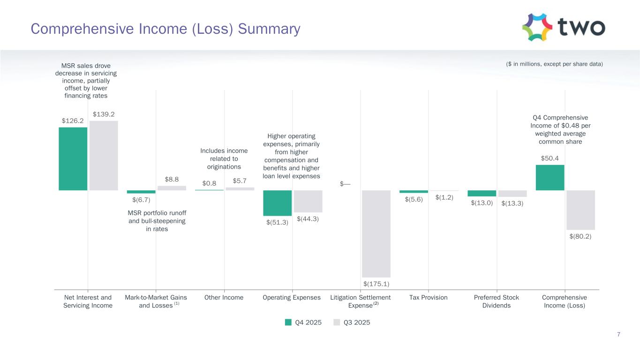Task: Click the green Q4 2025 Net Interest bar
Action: coord(73,158)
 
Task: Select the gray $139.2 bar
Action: coord(104,155)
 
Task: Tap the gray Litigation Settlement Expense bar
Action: coord(376,233)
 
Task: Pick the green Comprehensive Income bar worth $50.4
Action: coord(550,177)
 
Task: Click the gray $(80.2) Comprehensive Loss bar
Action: coord(580,210)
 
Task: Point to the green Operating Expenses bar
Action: coord(277,202)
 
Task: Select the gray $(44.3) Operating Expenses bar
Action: coord(308,201)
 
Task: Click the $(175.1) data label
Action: coord(376,284)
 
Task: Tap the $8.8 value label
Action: coord(172,179)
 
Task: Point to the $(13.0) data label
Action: coord(482,203)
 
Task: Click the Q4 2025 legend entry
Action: coord(303,322)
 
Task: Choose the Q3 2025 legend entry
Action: coord(352,322)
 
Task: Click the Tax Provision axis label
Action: coord(428,298)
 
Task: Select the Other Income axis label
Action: coord(224,298)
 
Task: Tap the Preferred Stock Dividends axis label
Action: coord(497,301)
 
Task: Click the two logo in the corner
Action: coord(563,27)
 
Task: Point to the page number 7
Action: coord(619,334)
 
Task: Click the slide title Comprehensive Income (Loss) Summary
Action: coord(166,29)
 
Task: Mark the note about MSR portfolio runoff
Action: coord(157,221)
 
